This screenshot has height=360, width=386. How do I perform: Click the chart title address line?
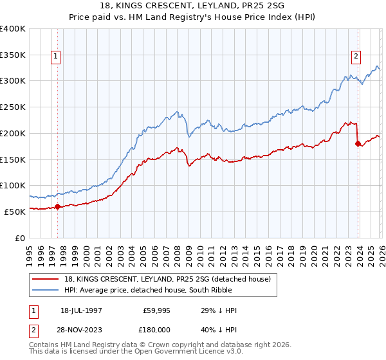click(192, 6)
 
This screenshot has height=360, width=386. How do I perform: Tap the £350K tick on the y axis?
click(13, 55)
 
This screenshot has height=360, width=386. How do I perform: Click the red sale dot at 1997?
click(57, 206)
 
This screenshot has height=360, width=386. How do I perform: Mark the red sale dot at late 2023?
click(358, 144)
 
